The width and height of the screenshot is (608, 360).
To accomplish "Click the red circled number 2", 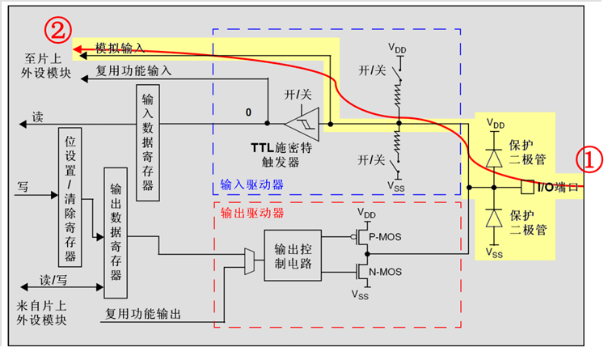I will (57, 32).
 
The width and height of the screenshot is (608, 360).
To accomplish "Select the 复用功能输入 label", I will (134, 70).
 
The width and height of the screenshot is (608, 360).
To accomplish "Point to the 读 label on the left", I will (37, 117).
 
